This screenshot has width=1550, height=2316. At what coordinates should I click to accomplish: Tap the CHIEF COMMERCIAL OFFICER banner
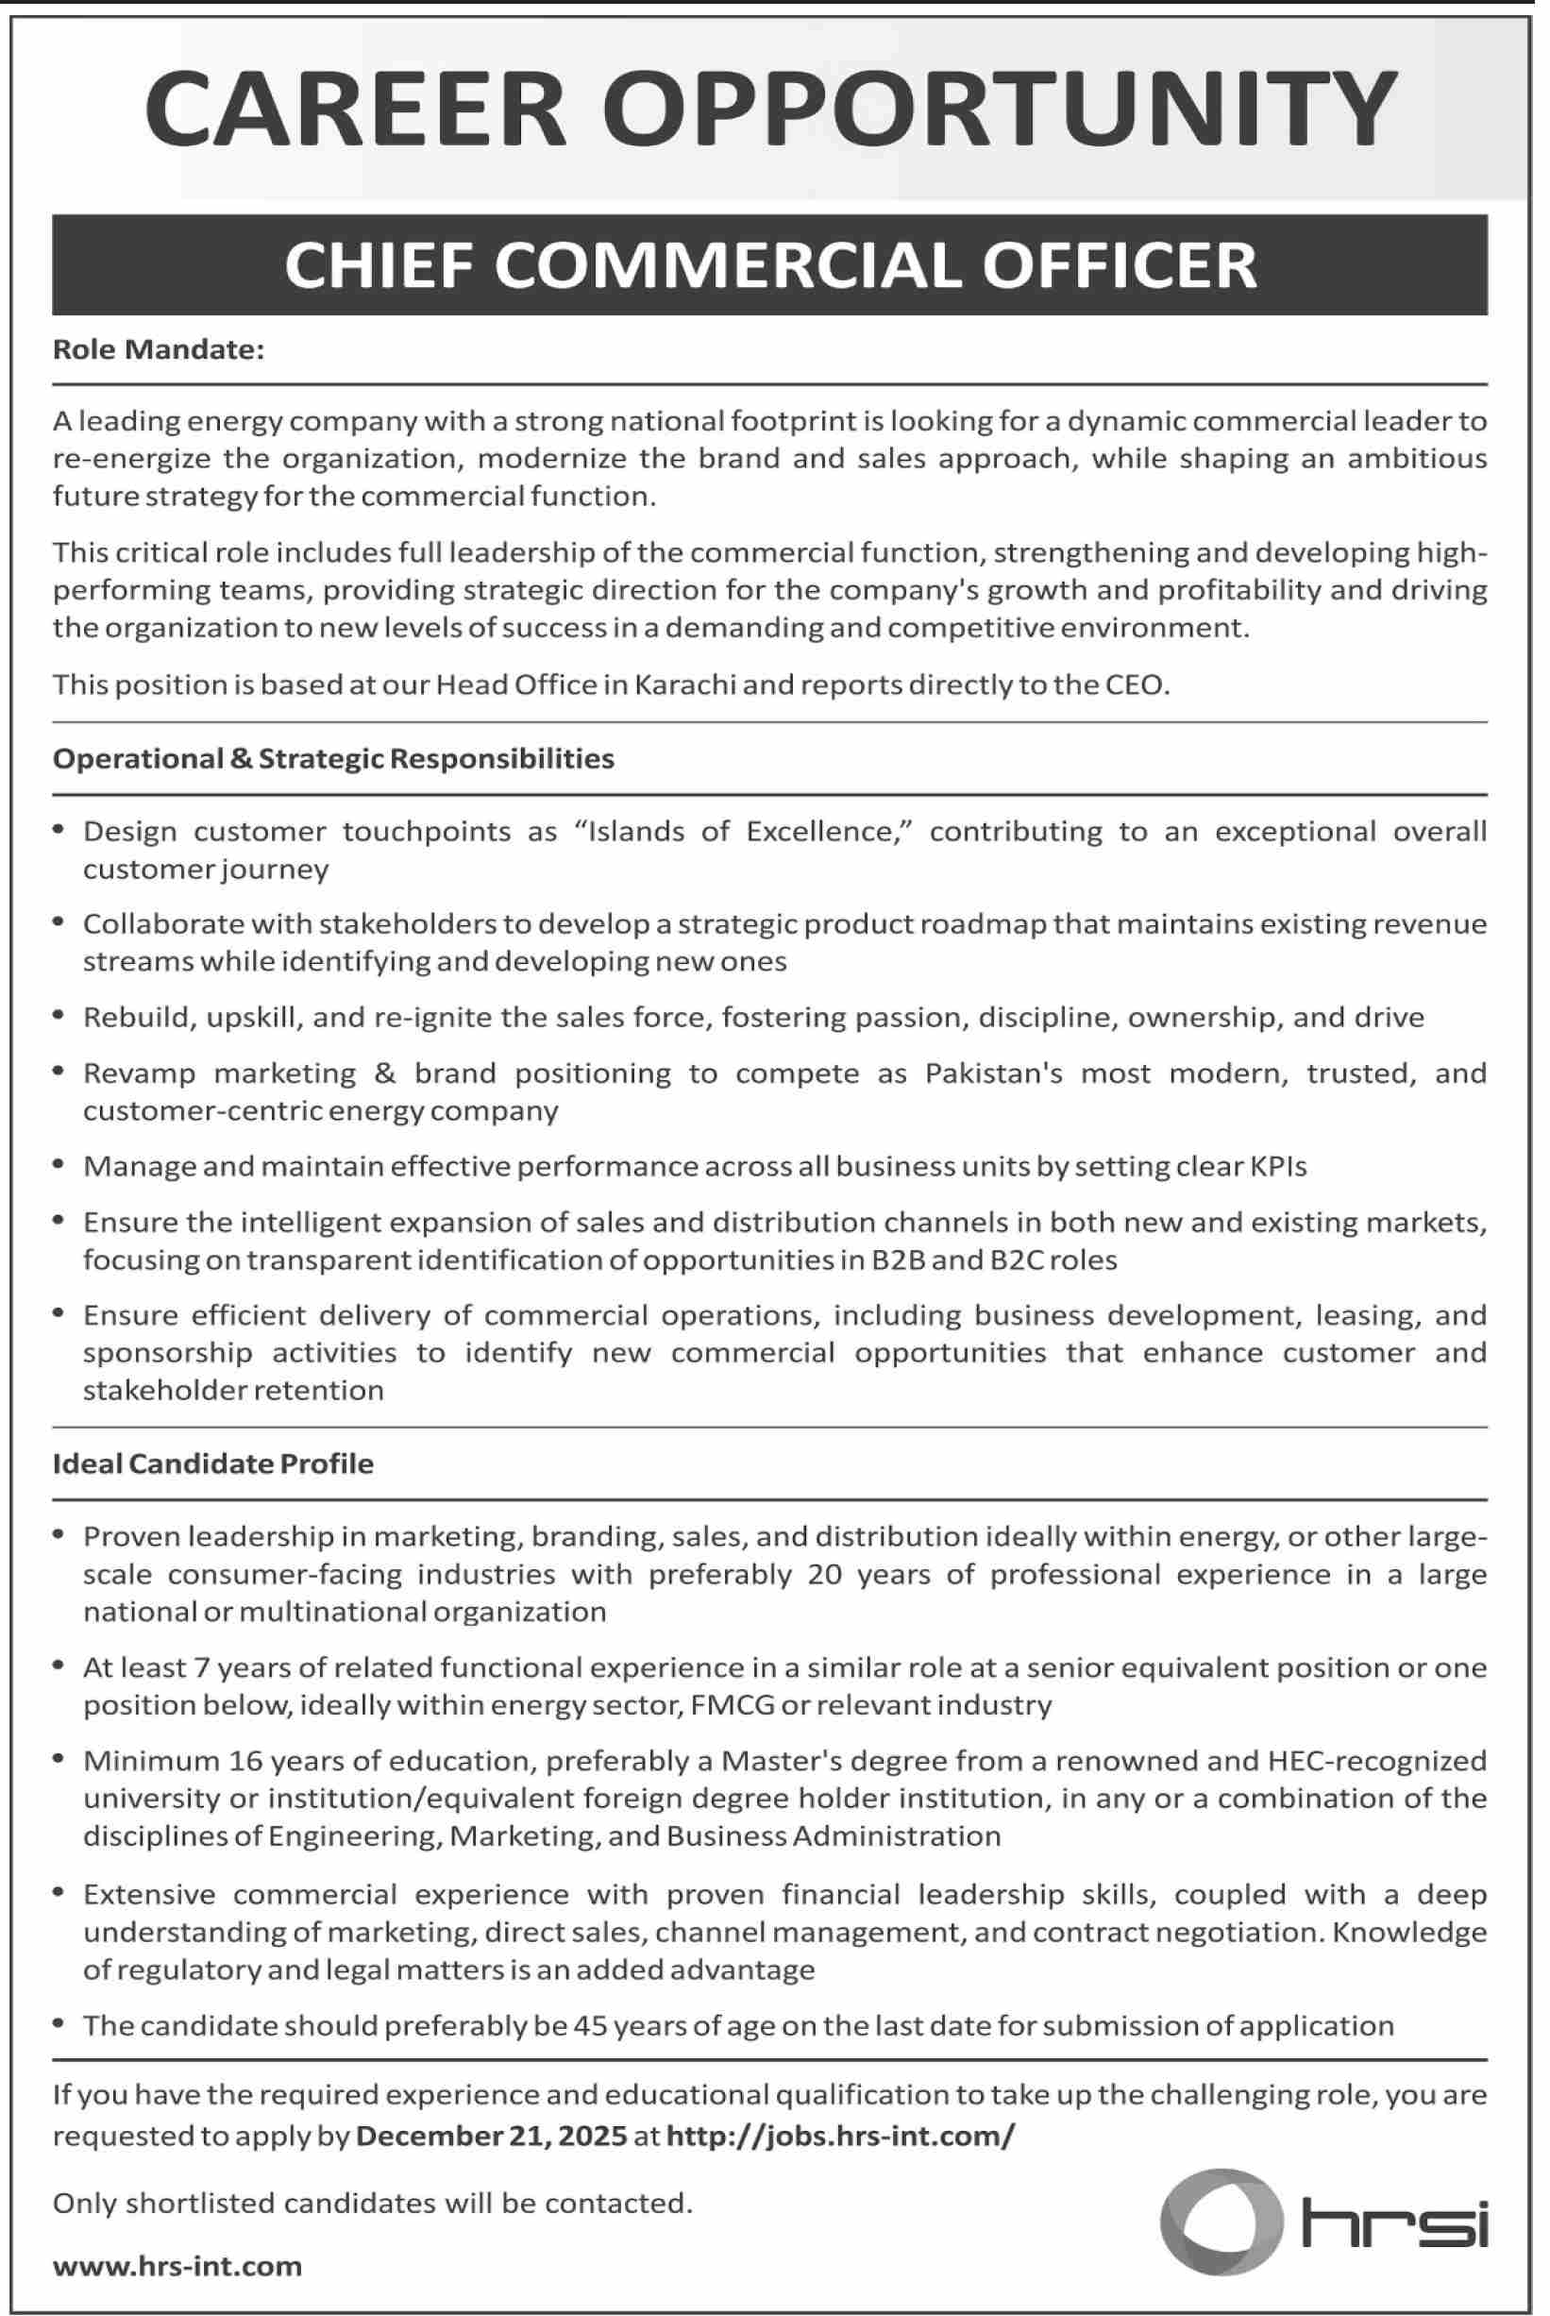click(x=770, y=265)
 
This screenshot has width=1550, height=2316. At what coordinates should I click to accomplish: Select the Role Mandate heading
click(x=159, y=350)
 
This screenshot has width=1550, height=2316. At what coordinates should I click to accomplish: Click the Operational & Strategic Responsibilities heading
click(x=333, y=759)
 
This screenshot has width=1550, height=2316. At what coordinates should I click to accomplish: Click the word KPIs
click(x=1277, y=1166)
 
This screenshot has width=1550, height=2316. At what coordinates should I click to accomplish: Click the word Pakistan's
click(x=993, y=1073)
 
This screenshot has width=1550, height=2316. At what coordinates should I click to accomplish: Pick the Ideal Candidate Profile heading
click(x=212, y=1464)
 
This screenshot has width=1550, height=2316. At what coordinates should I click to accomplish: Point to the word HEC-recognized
click(x=1376, y=1761)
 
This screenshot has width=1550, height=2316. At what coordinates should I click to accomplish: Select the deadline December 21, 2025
click(x=491, y=2138)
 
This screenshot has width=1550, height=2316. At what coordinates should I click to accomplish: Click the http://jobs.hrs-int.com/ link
click(x=840, y=2138)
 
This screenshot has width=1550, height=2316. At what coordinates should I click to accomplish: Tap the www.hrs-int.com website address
click(x=177, y=2267)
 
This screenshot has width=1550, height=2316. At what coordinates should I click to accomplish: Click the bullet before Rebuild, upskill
click(x=60, y=1015)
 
